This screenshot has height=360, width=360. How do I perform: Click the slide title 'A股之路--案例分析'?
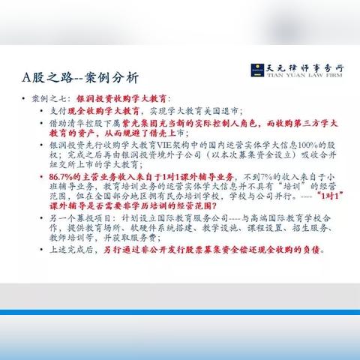(x=82, y=77)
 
